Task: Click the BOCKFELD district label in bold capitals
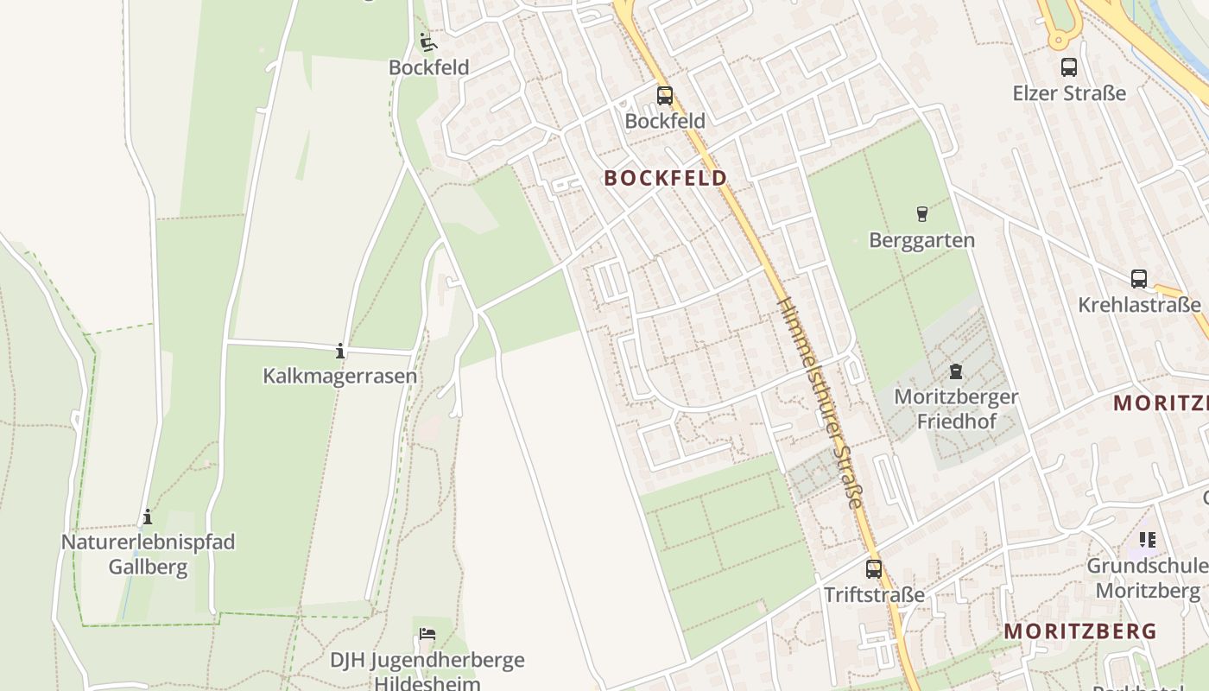[x=665, y=178]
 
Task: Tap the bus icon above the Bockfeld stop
[x=664, y=96]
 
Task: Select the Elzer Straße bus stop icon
[x=1068, y=67]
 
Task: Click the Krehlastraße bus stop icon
[x=1139, y=279]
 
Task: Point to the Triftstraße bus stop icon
[x=874, y=569]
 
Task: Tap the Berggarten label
[x=921, y=240]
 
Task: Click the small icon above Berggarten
[x=921, y=213]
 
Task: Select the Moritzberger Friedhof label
[x=956, y=409]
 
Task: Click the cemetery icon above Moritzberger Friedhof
[x=955, y=371]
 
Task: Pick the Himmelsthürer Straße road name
[x=820, y=403]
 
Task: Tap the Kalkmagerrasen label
[x=339, y=377]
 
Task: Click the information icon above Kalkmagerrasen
[x=340, y=351]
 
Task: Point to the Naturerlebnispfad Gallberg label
[x=148, y=555]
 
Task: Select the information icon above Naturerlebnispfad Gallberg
[x=148, y=517]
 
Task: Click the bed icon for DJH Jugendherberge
[x=427, y=634]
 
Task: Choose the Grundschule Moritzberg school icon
[x=1147, y=540]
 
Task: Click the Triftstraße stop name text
[x=874, y=595]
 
